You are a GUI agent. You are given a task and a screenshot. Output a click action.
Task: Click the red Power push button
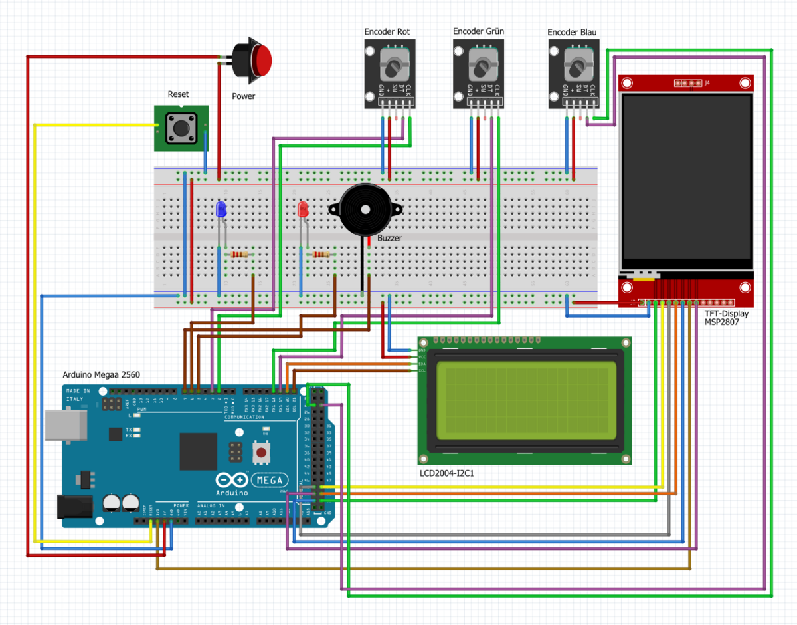[259, 61]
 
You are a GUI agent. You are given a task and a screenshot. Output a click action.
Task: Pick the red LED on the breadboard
[303, 209]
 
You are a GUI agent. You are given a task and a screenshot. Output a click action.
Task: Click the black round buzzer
[365, 209]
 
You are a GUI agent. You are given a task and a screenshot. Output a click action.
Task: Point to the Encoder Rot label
[387, 32]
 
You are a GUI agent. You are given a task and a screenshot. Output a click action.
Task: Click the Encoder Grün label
[478, 31]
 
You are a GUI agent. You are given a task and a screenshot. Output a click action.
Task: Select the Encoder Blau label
[572, 32]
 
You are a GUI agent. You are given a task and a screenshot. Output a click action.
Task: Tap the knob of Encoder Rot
[394, 66]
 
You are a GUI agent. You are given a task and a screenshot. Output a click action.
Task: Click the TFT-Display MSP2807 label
[726, 318]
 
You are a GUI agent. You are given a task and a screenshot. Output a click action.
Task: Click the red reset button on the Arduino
[262, 453]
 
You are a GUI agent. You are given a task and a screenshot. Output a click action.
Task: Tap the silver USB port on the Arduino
[66, 425]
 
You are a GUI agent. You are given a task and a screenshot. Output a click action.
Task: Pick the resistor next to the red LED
[321, 255]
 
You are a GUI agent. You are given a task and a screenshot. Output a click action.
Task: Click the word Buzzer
[390, 238]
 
